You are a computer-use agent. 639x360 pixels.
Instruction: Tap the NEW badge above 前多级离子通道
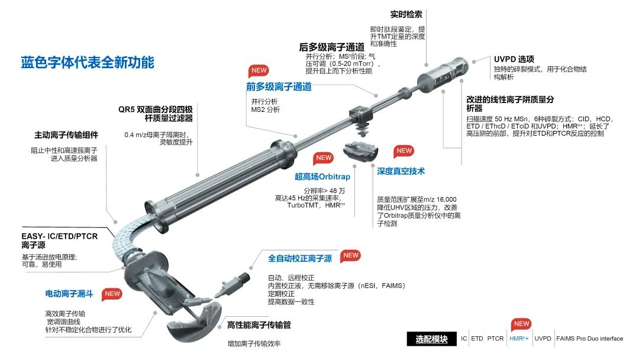pos(259,70)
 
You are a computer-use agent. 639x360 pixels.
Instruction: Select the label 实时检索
pos(406,14)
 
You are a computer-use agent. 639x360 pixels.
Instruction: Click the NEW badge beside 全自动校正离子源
pos(351,256)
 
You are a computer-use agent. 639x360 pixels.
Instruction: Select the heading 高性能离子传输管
pos(259,325)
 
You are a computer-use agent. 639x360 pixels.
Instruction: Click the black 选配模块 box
pos(431,339)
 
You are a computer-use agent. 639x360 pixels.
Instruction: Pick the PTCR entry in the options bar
pos(495,339)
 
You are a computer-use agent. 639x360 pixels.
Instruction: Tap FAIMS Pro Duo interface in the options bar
pos(590,339)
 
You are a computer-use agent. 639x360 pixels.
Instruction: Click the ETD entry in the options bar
pos(477,339)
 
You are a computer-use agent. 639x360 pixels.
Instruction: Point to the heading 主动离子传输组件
pos(66,135)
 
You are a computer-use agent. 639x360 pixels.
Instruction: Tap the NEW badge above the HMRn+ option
pos(521,324)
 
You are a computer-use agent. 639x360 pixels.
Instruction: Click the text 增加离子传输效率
pos(254,343)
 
